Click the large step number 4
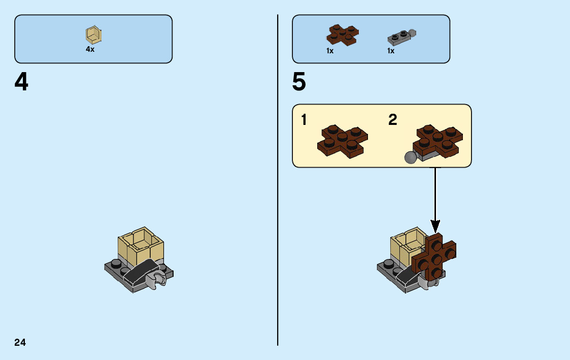21,82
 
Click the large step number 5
299,82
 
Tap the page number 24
20,342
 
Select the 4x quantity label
90,50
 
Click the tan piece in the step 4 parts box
93,35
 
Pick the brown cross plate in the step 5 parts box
342,35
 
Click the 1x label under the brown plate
330,51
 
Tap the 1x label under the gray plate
391,51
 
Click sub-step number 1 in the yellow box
304,120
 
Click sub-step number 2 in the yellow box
392,120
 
